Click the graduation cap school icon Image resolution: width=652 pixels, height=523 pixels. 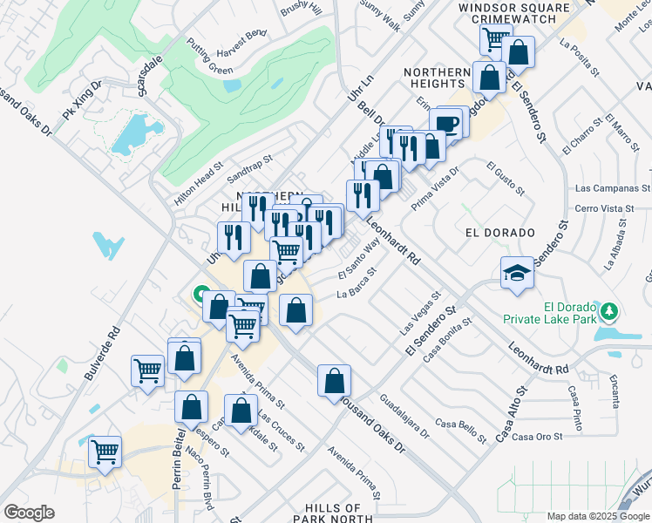tap(517, 273)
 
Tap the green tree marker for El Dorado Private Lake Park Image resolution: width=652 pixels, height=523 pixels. tap(609, 309)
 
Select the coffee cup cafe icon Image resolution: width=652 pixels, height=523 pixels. tap(447, 125)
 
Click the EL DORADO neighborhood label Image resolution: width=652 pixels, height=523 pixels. tap(499, 234)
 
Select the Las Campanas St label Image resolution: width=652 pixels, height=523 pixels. tap(613, 188)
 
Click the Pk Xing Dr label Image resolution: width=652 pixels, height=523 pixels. tap(82, 101)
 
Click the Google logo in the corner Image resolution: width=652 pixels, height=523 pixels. tap(29, 513)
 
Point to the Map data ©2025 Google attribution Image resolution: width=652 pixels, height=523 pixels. tap(597, 516)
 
